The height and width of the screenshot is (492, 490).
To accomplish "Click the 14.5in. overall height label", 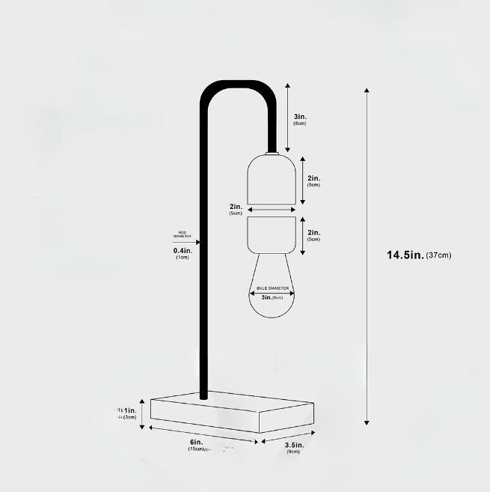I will tap(405, 255).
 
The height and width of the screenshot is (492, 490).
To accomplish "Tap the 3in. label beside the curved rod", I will tap(300, 117).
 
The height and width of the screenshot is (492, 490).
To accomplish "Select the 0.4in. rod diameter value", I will tap(183, 251).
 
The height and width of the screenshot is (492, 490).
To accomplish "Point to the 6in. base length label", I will tap(197, 442).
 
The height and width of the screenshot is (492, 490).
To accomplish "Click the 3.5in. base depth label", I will tap(293, 445).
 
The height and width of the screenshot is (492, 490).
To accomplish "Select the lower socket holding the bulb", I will tap(272, 234).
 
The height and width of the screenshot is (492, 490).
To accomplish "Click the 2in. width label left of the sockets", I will tap(236, 207).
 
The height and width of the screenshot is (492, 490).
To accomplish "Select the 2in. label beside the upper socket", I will tap(313, 178).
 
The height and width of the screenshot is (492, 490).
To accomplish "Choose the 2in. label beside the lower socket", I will tap(313, 233).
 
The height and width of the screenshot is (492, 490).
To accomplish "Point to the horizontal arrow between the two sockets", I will tap(272, 210).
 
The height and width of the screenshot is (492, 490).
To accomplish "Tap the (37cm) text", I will tap(438, 256).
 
